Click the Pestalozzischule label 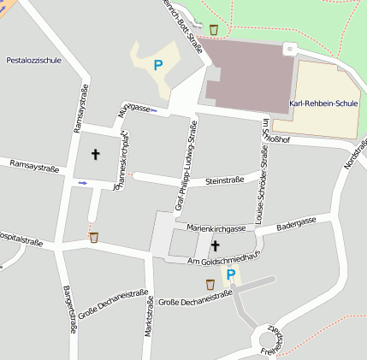[x=33, y=61]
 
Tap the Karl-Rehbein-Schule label [x=324, y=103]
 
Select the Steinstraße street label [x=225, y=180]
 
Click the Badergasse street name [x=297, y=221]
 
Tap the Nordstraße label [x=354, y=151]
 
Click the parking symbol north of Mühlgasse [x=157, y=63]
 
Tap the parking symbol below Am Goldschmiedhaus [x=230, y=274]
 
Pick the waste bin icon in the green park [x=213, y=30]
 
